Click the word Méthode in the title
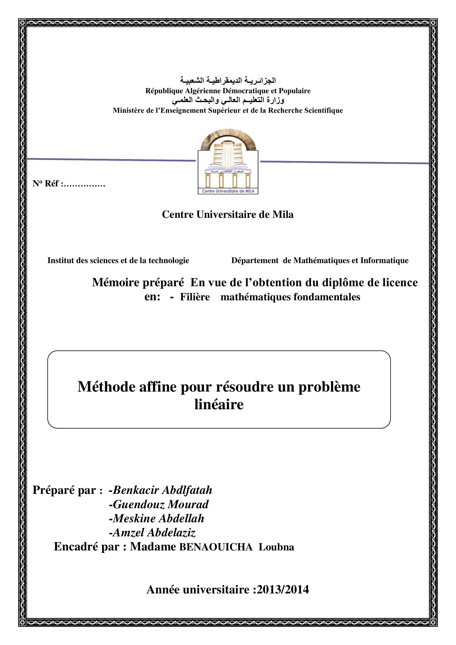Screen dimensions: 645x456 tap(106, 387)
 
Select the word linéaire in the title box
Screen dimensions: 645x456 tap(219, 405)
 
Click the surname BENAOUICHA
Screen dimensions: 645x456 tap(216, 547)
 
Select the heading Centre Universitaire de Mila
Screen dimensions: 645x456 tap(228, 214)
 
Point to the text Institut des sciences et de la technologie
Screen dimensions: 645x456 tap(118, 260)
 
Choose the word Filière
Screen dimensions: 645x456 tap(195, 297)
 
